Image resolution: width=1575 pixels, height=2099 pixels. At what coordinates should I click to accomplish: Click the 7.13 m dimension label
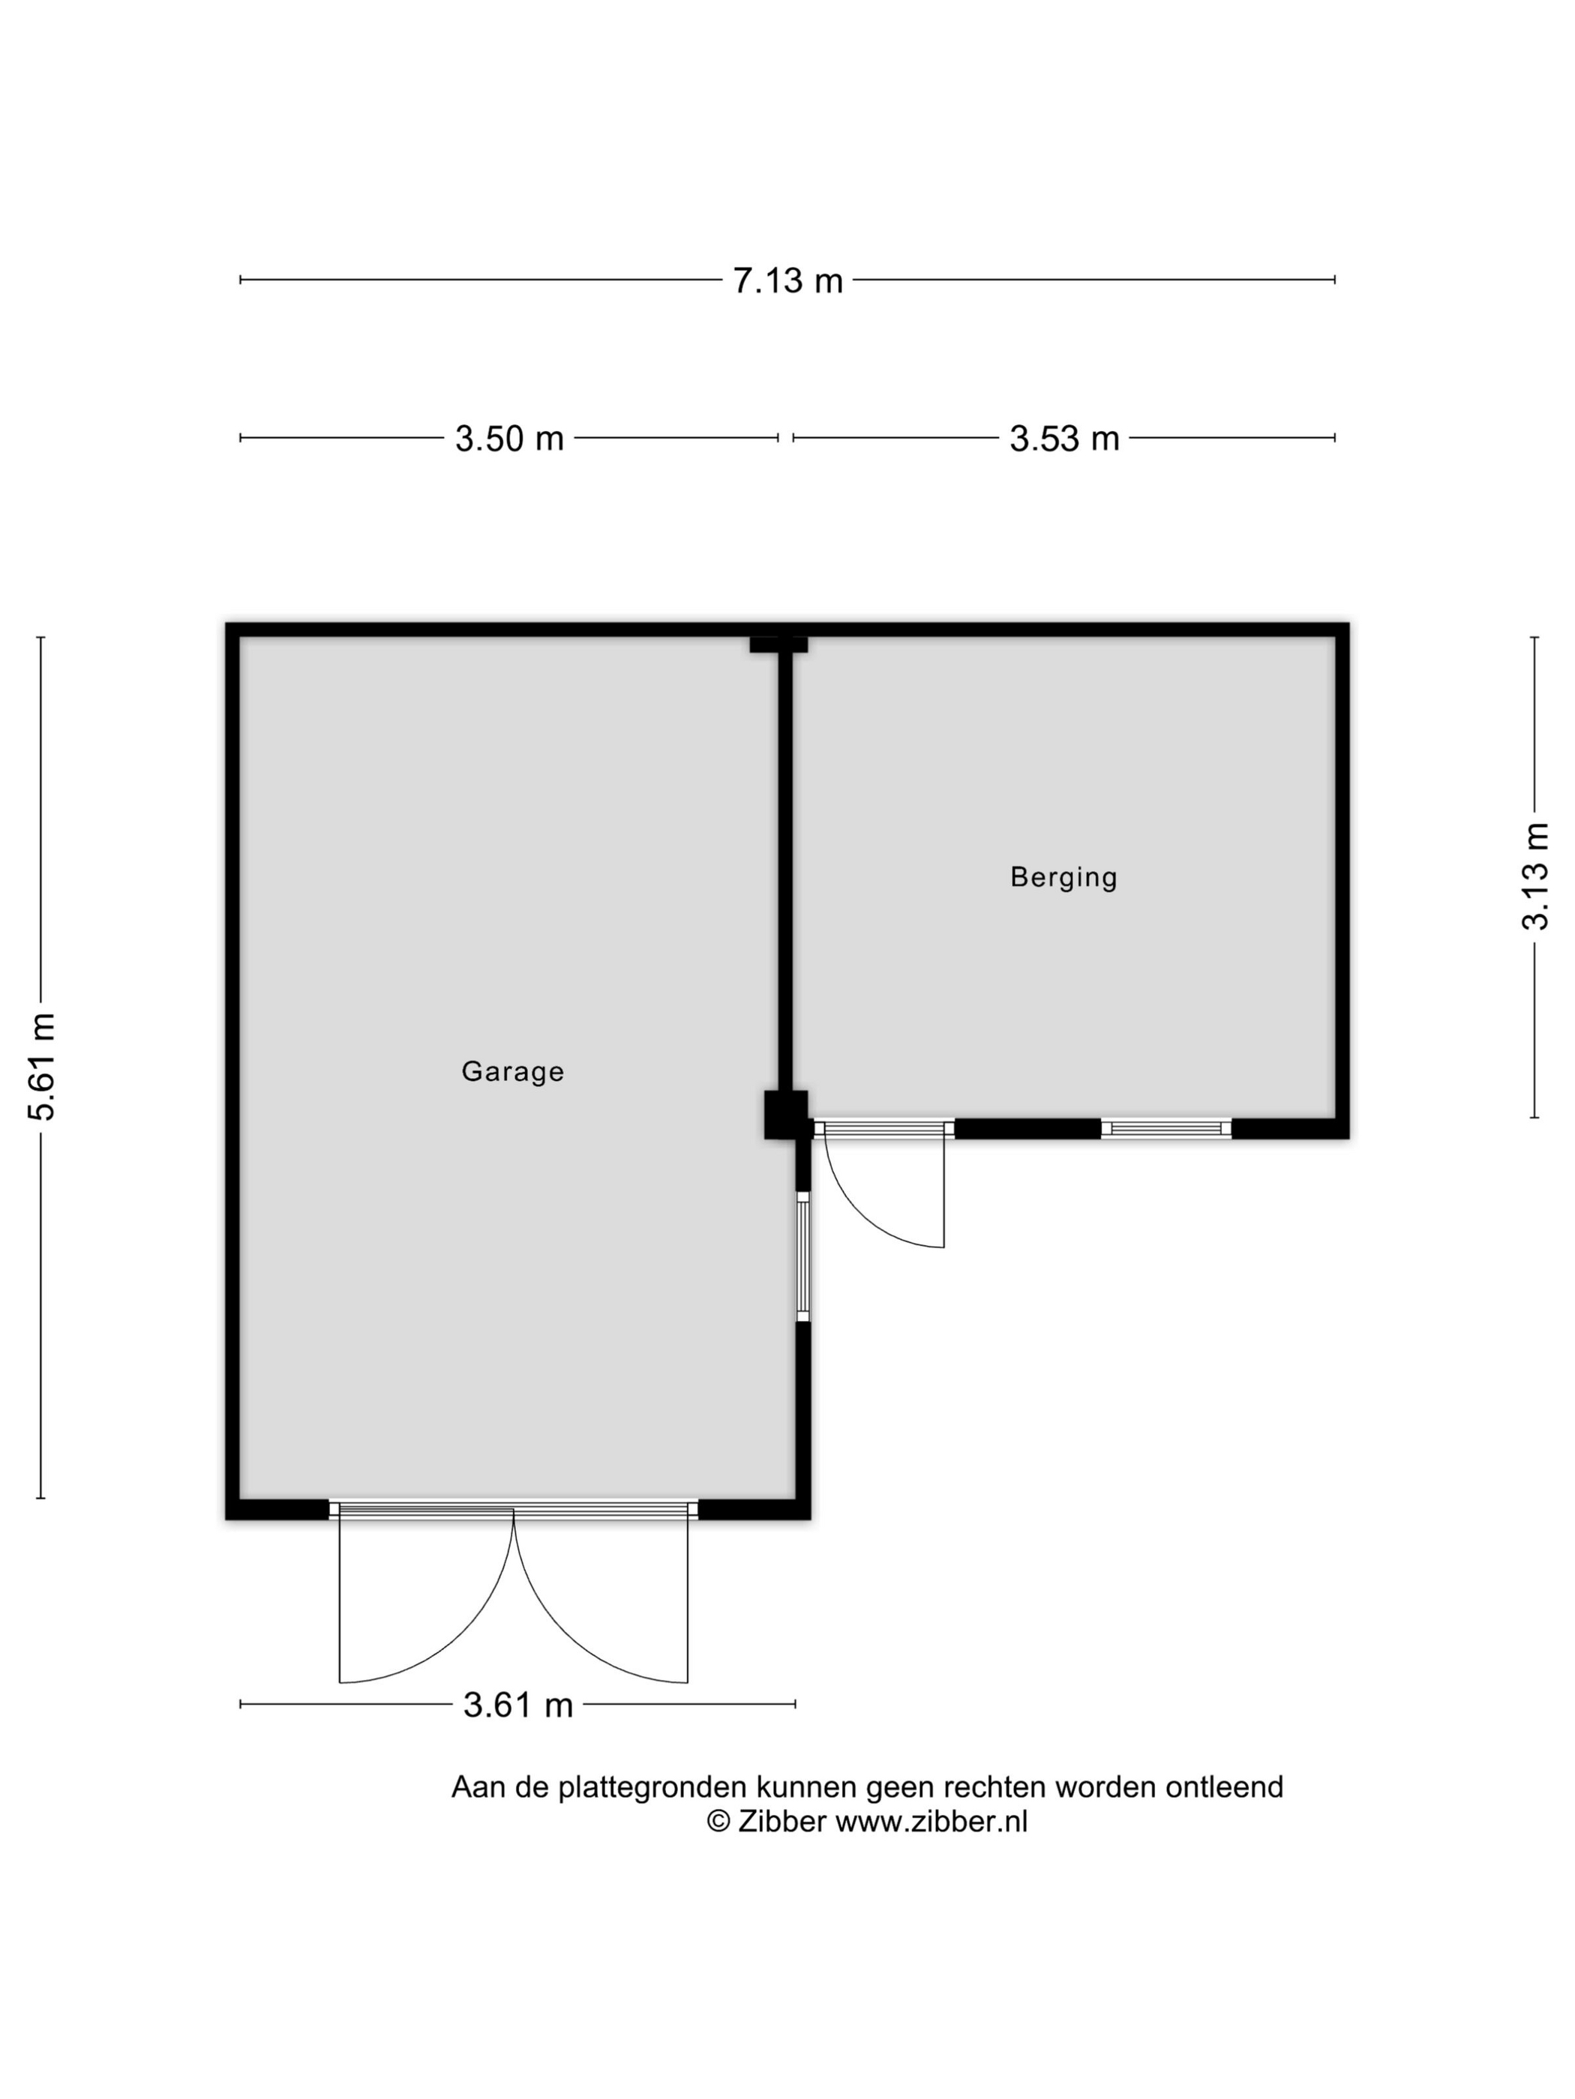[787, 281]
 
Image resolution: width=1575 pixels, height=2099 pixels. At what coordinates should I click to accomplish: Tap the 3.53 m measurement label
[1064, 439]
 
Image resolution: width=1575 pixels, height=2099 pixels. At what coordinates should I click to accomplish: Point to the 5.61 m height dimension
[42, 1067]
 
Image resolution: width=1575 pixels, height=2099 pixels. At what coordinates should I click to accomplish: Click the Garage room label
[513, 1071]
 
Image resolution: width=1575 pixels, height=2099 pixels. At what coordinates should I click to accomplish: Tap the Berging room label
[1063, 877]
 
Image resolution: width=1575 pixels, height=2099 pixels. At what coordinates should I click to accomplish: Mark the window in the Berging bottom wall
[1165, 1128]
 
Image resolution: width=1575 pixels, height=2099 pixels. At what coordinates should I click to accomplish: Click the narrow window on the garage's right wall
[803, 1257]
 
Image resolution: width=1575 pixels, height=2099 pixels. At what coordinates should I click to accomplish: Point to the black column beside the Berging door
[786, 1115]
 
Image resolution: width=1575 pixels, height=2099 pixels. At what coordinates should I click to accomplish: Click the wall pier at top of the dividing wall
[778, 644]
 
